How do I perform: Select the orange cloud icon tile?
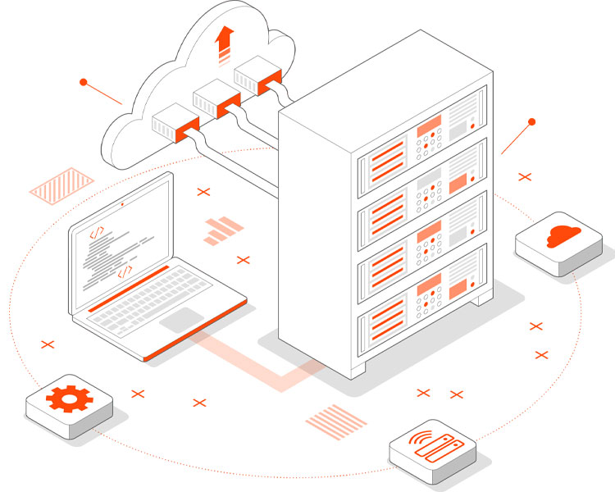[x=560, y=238]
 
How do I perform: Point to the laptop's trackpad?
[x=182, y=319]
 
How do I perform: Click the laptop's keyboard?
[x=163, y=290]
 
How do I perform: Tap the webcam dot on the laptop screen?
[x=122, y=203]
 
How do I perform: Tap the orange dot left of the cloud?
[x=83, y=82]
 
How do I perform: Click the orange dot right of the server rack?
[x=531, y=122]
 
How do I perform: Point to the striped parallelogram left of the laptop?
[x=61, y=184]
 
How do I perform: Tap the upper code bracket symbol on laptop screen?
[x=96, y=233]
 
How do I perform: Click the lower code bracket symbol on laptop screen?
[x=125, y=270]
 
